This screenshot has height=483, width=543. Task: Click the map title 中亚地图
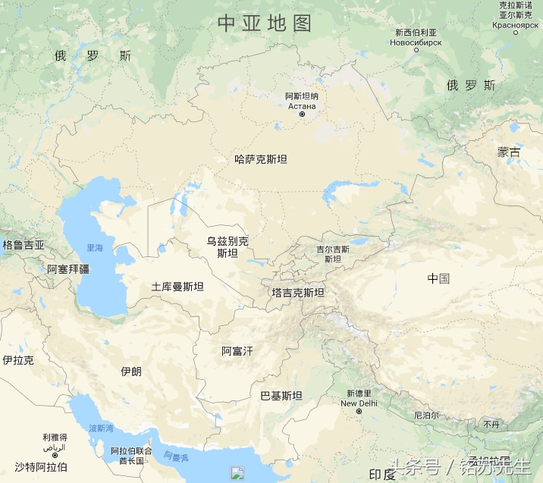coord(265,23)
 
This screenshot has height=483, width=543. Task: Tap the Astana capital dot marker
coord(302,114)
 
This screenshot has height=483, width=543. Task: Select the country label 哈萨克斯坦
coord(261,159)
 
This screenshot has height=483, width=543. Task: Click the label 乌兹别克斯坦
coord(228,247)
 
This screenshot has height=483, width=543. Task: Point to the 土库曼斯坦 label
coord(177,287)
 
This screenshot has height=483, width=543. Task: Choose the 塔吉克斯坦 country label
coord(298,293)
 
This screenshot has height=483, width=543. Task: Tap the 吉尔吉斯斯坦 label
coord(333,253)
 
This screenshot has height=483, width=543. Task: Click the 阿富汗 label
coord(237,351)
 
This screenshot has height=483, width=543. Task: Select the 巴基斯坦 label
coord(281,396)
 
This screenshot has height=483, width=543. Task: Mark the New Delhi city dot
coord(359,412)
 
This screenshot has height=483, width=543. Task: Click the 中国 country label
coord(438,278)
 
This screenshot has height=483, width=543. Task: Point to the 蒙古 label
coord(509,152)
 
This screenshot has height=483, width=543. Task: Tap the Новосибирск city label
coord(416,43)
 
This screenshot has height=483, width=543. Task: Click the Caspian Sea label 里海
coord(95,247)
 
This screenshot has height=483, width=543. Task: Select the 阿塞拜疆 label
coord(68,268)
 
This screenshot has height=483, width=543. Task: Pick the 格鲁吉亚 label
coord(24,245)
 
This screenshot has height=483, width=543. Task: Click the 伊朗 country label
coord(131,372)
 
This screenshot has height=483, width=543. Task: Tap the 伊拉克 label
coord(18,360)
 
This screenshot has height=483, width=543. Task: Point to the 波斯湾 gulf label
coord(101,428)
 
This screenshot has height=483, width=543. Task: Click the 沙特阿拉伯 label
coord(41,466)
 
